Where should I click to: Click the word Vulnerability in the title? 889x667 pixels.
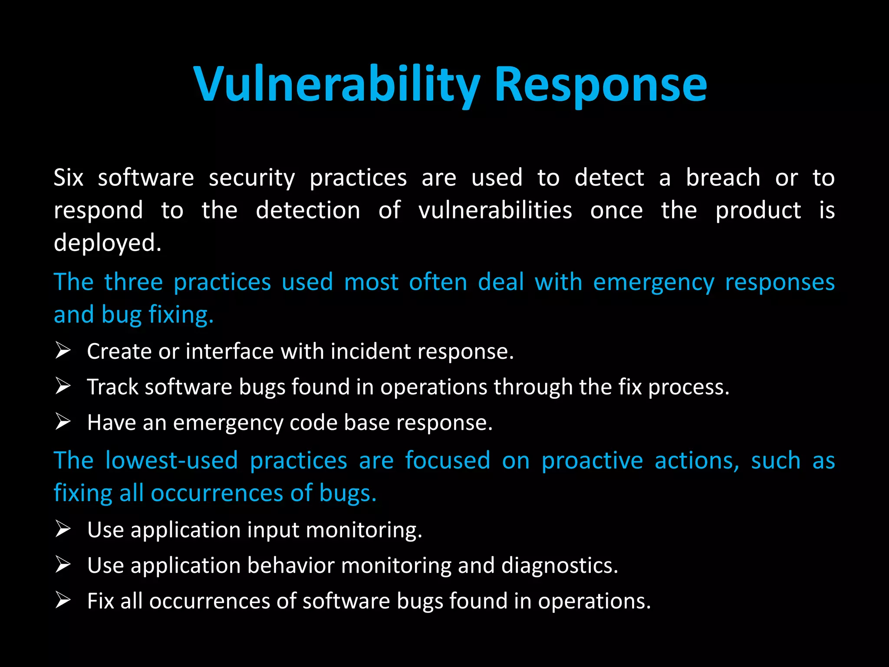click(x=336, y=85)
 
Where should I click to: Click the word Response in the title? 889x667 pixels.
click(x=600, y=85)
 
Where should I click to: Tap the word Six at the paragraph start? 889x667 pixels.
click(x=68, y=178)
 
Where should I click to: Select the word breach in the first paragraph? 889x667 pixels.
click(x=723, y=178)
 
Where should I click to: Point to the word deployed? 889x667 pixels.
click(x=107, y=243)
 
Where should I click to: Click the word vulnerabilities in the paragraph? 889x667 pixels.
click(x=495, y=211)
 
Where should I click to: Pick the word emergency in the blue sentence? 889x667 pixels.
click(x=653, y=282)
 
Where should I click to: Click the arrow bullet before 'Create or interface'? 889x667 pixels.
click(x=63, y=350)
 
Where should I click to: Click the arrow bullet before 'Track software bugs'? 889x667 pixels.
click(x=63, y=386)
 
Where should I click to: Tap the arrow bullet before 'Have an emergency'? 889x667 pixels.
click(x=63, y=422)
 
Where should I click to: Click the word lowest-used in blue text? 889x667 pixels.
click(x=171, y=460)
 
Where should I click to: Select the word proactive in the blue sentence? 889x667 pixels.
click(x=592, y=460)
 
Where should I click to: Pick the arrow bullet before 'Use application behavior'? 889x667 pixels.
click(x=63, y=565)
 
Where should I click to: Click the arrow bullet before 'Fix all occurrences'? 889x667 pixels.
click(x=63, y=600)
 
